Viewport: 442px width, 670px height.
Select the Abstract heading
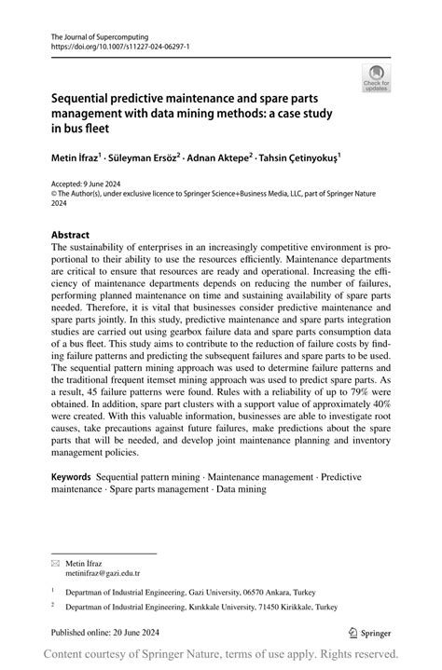coord(72,235)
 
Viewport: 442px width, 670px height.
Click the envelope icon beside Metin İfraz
coord(55,565)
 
